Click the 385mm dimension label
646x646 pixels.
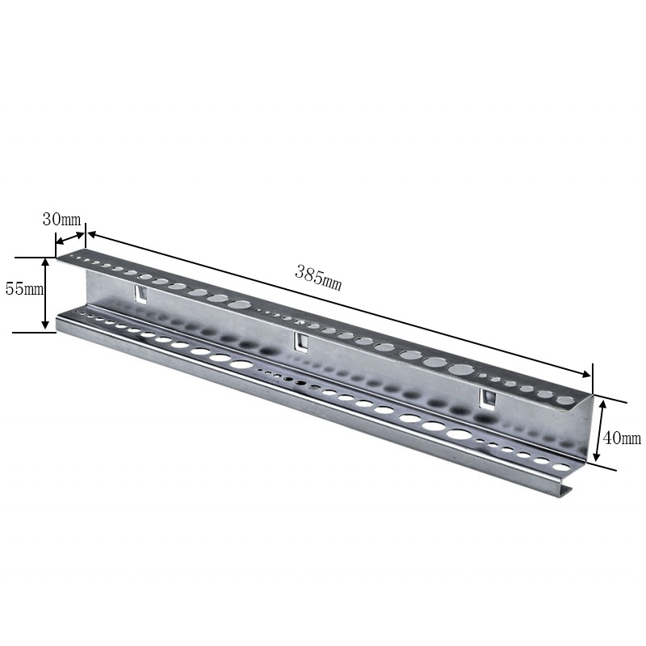[x=318, y=278]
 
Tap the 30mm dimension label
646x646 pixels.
[x=62, y=220]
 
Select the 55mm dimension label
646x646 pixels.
[x=24, y=289]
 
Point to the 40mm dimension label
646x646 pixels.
[x=622, y=438]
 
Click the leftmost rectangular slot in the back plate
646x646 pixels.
[x=141, y=294]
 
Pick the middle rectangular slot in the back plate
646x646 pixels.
[x=301, y=342]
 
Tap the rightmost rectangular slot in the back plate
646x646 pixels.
[x=488, y=399]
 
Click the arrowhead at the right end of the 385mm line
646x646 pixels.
[x=586, y=374]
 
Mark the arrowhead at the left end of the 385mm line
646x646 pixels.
[x=92, y=234]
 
